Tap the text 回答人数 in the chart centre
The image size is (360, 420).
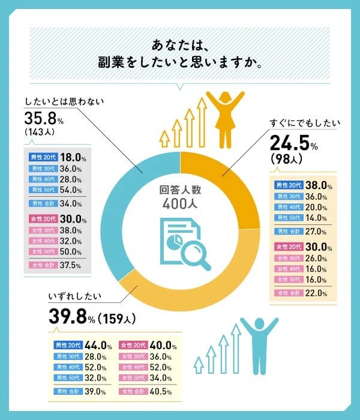(x=180, y=190)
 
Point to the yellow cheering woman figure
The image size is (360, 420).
(x=226, y=118)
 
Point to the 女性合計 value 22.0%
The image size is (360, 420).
(x=316, y=293)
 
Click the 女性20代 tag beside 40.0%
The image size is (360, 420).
(x=134, y=345)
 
